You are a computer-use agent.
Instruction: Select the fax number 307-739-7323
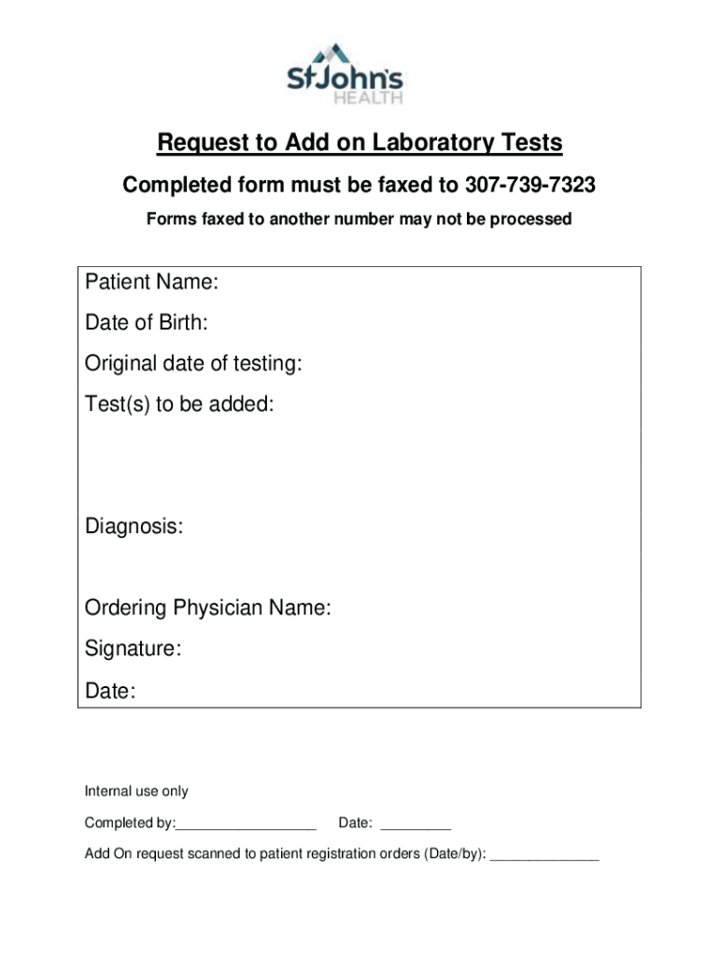[x=529, y=186]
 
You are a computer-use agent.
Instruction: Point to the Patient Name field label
[x=152, y=282]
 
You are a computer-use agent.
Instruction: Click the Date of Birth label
[x=147, y=323]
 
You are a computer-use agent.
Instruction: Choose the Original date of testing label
[x=193, y=364]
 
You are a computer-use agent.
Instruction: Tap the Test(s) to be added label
[x=180, y=405]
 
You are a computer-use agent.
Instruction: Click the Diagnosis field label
[x=134, y=527]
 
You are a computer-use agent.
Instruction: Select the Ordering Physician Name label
[x=208, y=609]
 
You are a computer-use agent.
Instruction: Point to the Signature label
[x=134, y=649]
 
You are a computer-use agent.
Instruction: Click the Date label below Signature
[x=110, y=691]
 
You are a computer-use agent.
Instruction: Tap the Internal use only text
[x=136, y=792]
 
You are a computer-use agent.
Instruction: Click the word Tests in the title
[x=530, y=143]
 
